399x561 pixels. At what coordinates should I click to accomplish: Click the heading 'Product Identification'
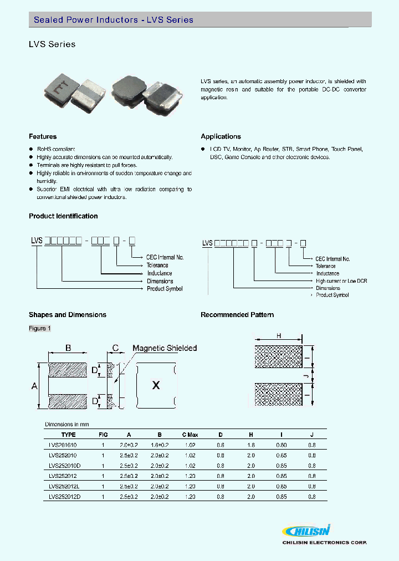pos(63,216)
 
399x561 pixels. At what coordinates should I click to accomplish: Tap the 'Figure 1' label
pos(40,328)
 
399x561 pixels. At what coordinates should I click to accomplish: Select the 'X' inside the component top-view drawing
pos(156,385)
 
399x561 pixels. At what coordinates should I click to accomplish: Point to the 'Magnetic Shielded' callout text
pos(165,348)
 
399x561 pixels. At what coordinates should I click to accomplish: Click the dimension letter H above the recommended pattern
pos(279,336)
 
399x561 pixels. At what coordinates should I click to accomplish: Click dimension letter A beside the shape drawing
pos(34,385)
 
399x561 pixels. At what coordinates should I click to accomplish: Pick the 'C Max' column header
pos(190,435)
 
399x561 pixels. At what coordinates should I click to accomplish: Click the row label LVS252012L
pos(65,486)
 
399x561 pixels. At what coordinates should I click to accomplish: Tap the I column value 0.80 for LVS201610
pos(282,445)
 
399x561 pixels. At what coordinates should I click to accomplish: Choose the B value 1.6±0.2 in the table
pos(159,445)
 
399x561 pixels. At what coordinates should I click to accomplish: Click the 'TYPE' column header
pos(69,435)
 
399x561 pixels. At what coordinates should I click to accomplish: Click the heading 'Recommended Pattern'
pos(237,315)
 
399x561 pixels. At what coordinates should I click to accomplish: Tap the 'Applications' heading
pos(221,136)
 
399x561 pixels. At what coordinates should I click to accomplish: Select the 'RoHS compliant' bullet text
pos(55,150)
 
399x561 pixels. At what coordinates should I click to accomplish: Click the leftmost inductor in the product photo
pos(60,88)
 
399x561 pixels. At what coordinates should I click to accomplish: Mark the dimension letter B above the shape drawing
pos(68,348)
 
